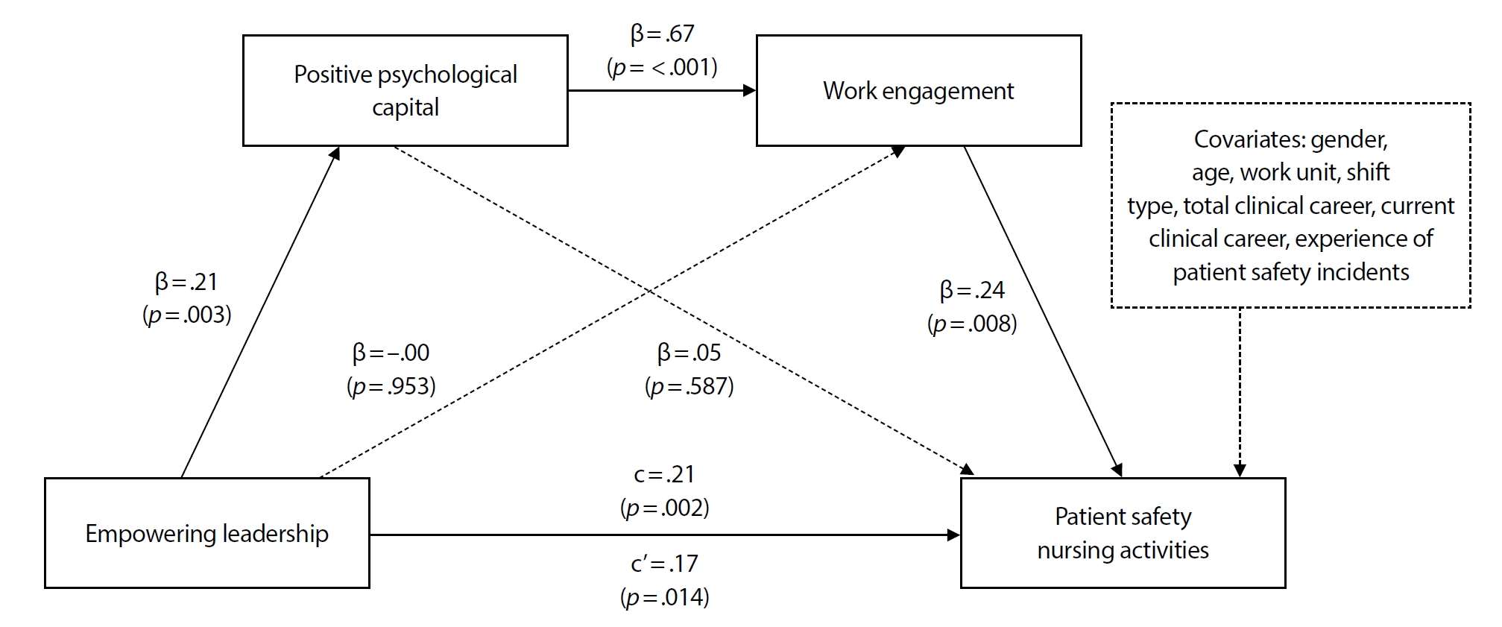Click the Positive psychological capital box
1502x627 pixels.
405,90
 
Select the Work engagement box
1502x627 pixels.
918,90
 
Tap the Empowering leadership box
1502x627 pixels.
206,533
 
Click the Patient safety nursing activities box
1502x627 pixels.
1123,533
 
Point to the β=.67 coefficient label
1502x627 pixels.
662,34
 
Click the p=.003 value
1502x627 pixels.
187,315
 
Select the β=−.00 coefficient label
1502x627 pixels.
391,353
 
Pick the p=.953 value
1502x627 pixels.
391,386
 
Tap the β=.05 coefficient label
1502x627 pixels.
689,353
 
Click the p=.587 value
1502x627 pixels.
689,386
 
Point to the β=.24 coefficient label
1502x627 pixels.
972,290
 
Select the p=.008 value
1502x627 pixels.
972,324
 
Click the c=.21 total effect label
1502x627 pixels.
664,474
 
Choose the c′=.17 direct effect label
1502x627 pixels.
664,564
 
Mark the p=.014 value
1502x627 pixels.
664,597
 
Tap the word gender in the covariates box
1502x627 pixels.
1349,139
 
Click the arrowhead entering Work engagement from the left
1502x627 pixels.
749,91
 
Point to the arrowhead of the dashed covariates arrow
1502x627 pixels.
1240,470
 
